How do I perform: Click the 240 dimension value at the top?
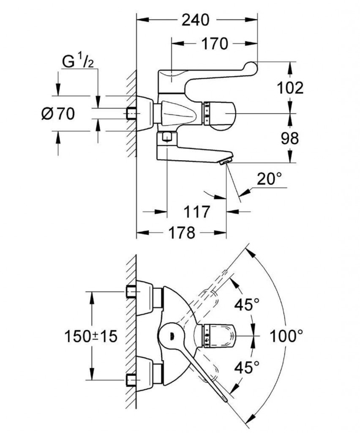click(196, 19)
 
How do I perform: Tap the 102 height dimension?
click(290, 88)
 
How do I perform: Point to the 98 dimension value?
click(290, 138)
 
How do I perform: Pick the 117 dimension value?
click(196, 211)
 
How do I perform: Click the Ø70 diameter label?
click(58, 113)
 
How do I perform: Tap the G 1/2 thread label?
click(78, 62)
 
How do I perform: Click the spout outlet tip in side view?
click(226, 161)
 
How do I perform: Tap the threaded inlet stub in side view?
click(132, 113)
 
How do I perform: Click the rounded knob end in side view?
click(226, 113)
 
